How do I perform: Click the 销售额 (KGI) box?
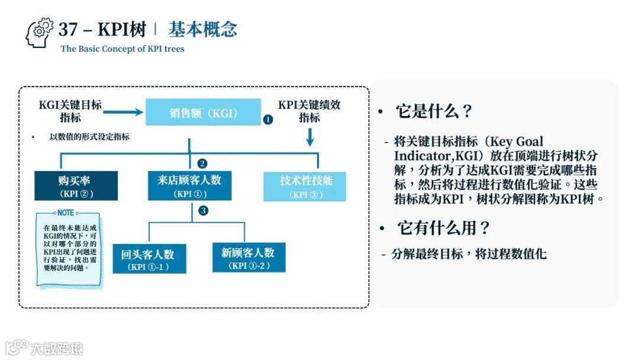(204, 112)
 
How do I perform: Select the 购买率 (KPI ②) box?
(76, 186)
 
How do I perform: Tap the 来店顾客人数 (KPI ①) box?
(189, 186)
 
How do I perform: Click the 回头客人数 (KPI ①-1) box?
(149, 259)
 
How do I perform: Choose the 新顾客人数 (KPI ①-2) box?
(248, 258)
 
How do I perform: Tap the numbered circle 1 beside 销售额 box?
(267, 119)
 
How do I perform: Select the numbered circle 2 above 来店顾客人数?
(202, 163)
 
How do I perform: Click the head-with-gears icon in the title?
(40, 33)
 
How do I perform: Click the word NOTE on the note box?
(65, 213)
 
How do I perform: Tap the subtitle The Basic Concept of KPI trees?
(122, 49)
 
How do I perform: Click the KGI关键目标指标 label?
(70, 111)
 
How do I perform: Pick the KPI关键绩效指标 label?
(309, 111)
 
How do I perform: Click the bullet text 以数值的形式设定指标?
(89, 137)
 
